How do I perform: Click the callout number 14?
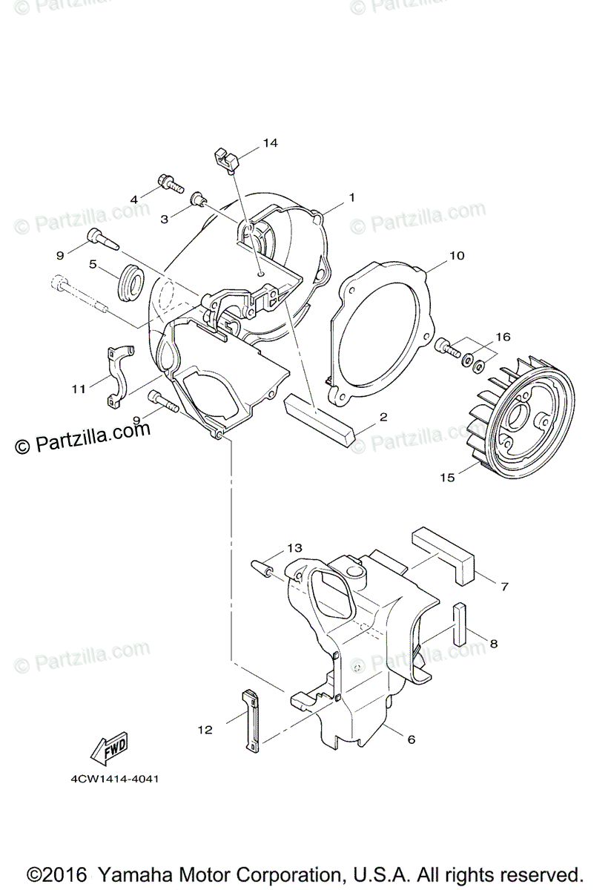pyautogui.click(x=270, y=142)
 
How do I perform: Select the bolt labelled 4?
pyautogui.click(x=168, y=182)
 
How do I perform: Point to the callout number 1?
pyautogui.click(x=352, y=198)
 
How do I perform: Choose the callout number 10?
pyautogui.click(x=456, y=256)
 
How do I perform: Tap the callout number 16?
pyautogui.click(x=503, y=337)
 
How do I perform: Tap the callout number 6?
pyautogui.click(x=410, y=739)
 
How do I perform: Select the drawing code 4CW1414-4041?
pyautogui.click(x=114, y=779)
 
